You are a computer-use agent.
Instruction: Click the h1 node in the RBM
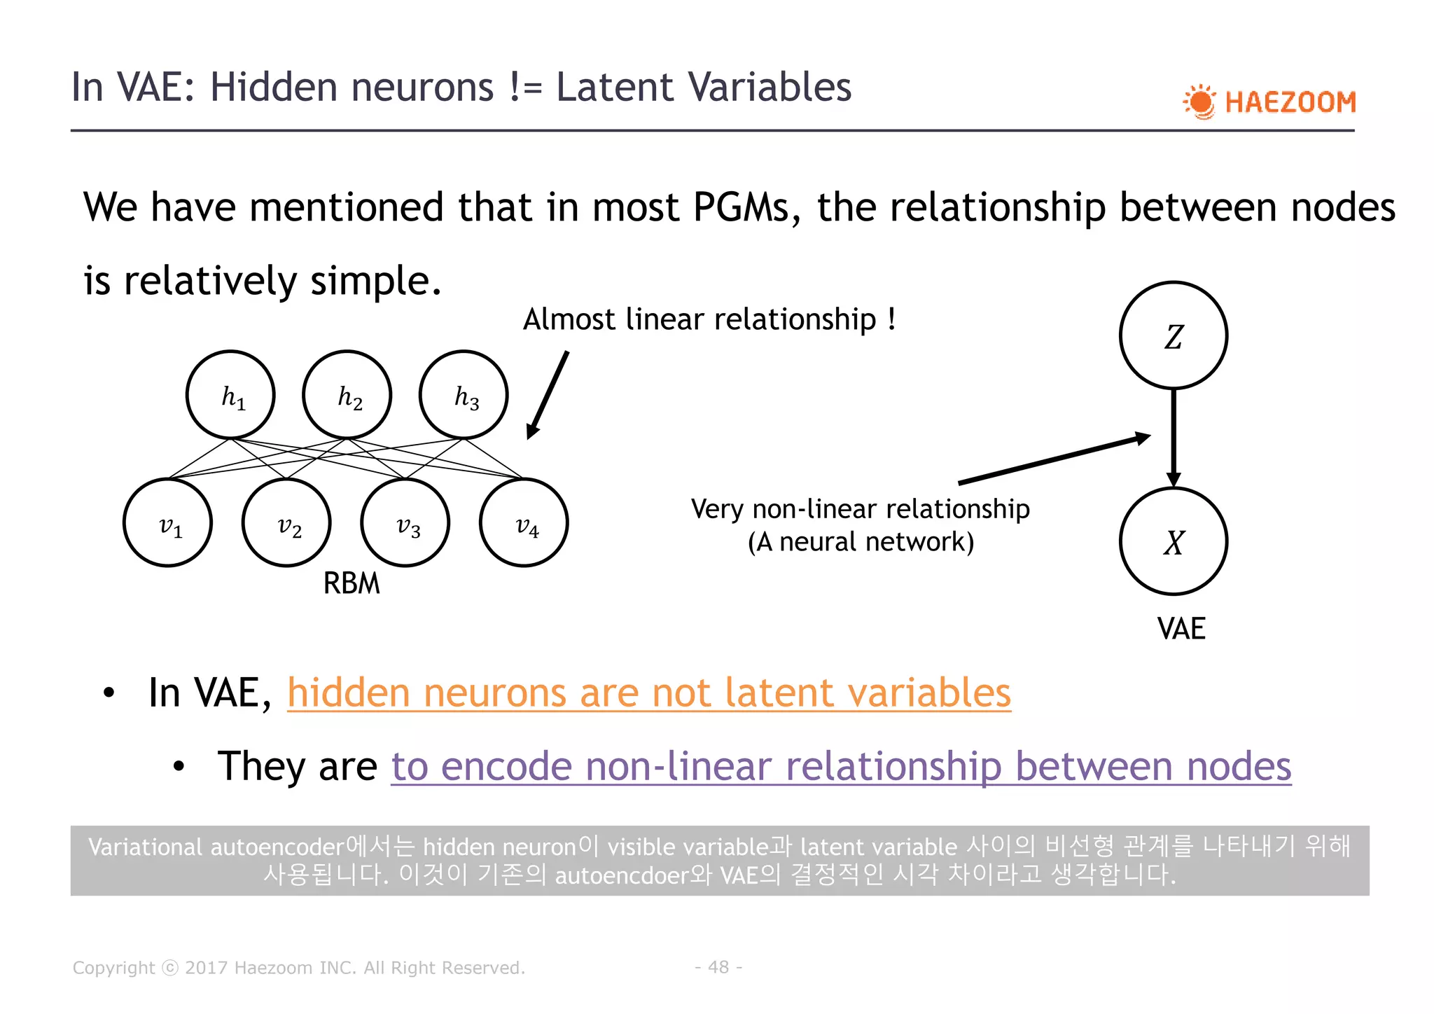click(230, 395)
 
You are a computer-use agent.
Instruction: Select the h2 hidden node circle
click(347, 395)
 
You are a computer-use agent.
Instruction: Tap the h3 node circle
click(464, 395)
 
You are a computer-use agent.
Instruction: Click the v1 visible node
click(168, 523)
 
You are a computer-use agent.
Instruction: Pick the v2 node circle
click(286, 523)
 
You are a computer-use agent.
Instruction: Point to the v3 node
click(405, 523)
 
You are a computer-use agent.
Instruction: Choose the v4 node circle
click(524, 523)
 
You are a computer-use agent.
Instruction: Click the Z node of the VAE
click(1174, 335)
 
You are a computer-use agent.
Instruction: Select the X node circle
click(1174, 541)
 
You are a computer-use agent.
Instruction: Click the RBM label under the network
click(351, 583)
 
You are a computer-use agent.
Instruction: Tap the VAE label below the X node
click(1181, 628)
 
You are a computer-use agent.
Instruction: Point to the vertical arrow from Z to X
click(1174, 438)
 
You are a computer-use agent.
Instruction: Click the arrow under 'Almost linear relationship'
click(548, 395)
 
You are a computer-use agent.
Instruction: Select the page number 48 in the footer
click(718, 967)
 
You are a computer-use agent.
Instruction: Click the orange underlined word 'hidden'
click(348, 693)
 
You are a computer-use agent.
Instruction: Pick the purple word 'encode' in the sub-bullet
click(506, 766)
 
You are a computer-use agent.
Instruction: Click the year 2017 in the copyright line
click(206, 968)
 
